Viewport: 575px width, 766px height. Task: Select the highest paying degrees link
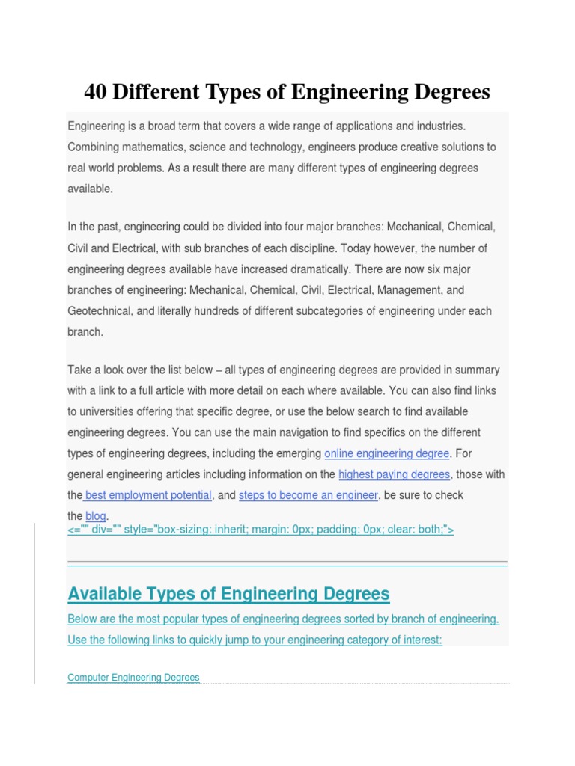point(394,474)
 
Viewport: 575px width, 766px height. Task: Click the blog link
point(96,516)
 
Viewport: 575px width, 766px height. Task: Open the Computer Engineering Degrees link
point(133,678)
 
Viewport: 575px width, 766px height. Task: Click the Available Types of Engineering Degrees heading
point(228,594)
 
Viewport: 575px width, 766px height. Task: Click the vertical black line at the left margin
point(34,602)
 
